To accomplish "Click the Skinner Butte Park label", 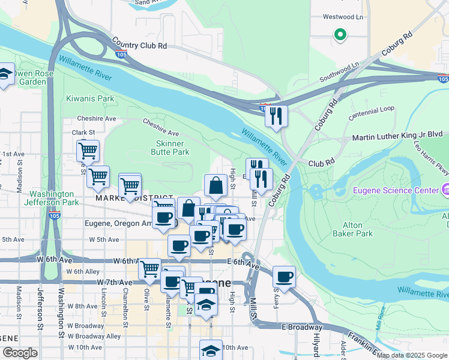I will click(172, 148).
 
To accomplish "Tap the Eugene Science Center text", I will click(396, 190).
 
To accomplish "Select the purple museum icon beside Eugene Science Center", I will click(444, 190).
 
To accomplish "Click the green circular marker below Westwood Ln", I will click(340, 35).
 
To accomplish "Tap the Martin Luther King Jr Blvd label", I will click(397, 137).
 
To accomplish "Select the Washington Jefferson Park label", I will click(54, 198).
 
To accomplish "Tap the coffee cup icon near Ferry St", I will click(285, 277).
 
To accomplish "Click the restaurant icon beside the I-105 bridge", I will click(276, 116).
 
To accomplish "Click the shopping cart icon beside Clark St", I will click(88, 151).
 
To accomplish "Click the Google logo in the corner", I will click(20, 353).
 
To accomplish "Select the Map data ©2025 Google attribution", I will click(412, 355).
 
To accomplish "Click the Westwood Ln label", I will click(343, 17).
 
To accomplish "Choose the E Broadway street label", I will click(306, 328).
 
